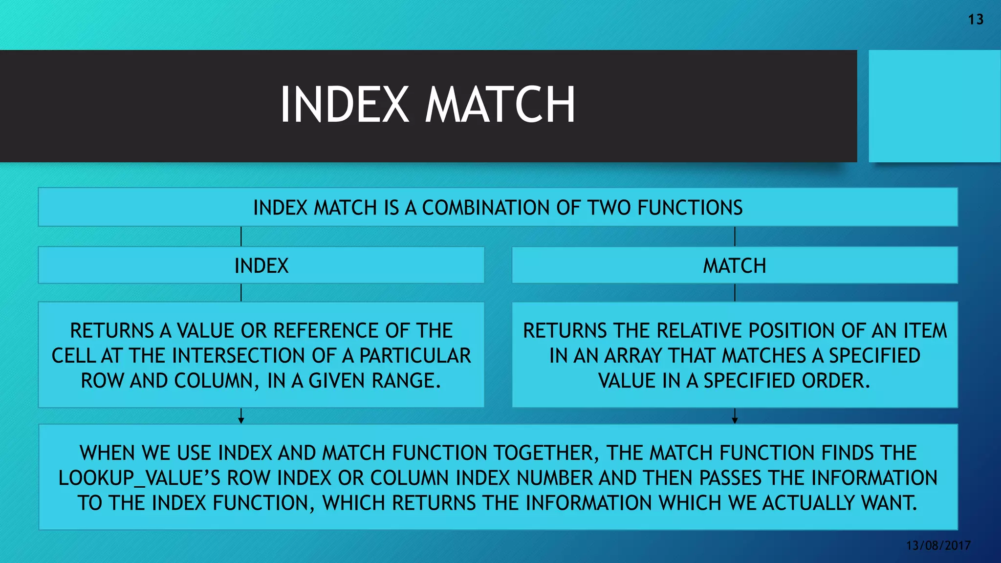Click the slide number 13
(976, 20)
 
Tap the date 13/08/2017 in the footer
(938, 545)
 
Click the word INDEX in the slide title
(344, 105)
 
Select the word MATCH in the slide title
(500, 105)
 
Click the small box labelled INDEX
(261, 265)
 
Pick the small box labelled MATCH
(734, 265)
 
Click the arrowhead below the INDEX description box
(241, 420)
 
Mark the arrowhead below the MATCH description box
(735, 420)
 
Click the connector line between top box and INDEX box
(241, 237)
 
